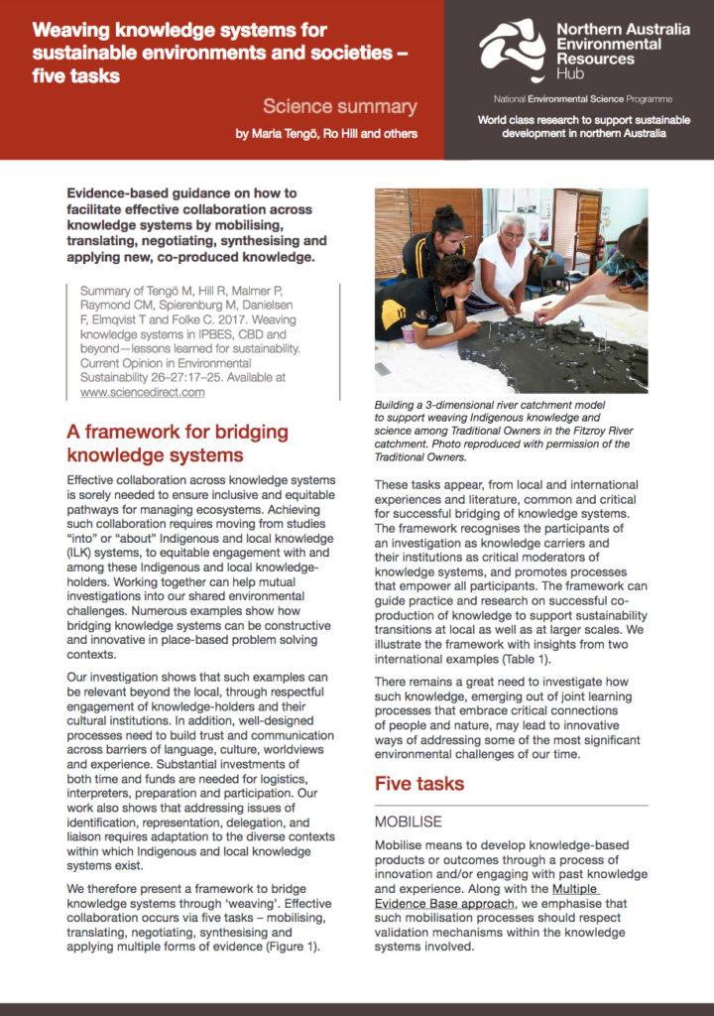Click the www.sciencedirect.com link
(142, 392)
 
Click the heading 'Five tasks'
(418, 784)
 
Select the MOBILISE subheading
(408, 823)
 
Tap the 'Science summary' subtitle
(339, 107)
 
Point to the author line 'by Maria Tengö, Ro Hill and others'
(326, 134)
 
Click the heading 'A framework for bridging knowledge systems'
(177, 444)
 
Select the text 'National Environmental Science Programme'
(582, 99)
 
